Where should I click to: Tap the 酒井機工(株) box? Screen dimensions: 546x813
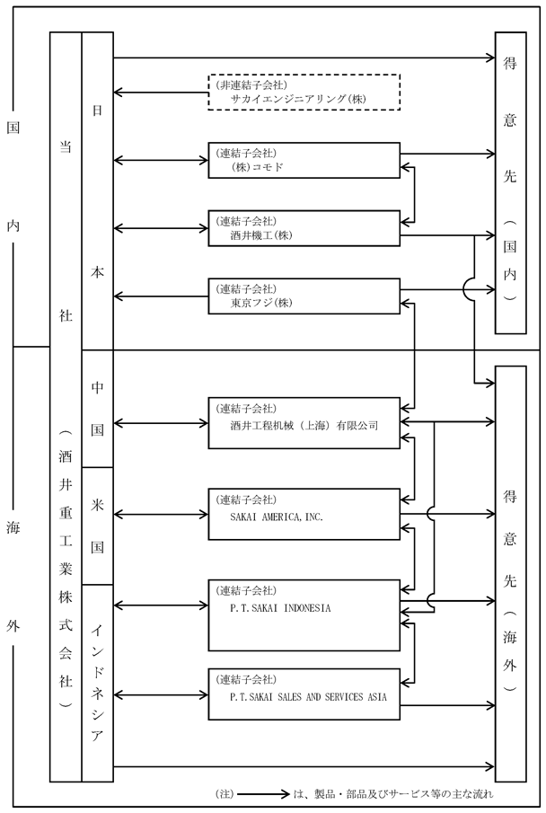tap(304, 228)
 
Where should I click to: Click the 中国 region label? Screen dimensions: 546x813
tap(98, 409)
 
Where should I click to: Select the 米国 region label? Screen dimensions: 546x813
tap(98, 526)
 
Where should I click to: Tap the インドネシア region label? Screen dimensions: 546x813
tap(98, 684)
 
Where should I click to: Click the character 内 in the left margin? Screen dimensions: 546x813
tap(13, 225)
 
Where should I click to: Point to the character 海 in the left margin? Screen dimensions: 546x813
tap(13, 528)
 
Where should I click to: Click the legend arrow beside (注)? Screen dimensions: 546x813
tap(262, 794)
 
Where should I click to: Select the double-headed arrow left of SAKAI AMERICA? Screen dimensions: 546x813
tap(161, 515)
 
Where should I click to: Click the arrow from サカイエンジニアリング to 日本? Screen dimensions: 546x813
tap(161, 93)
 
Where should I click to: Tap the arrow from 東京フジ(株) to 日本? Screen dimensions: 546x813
tap(161, 296)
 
